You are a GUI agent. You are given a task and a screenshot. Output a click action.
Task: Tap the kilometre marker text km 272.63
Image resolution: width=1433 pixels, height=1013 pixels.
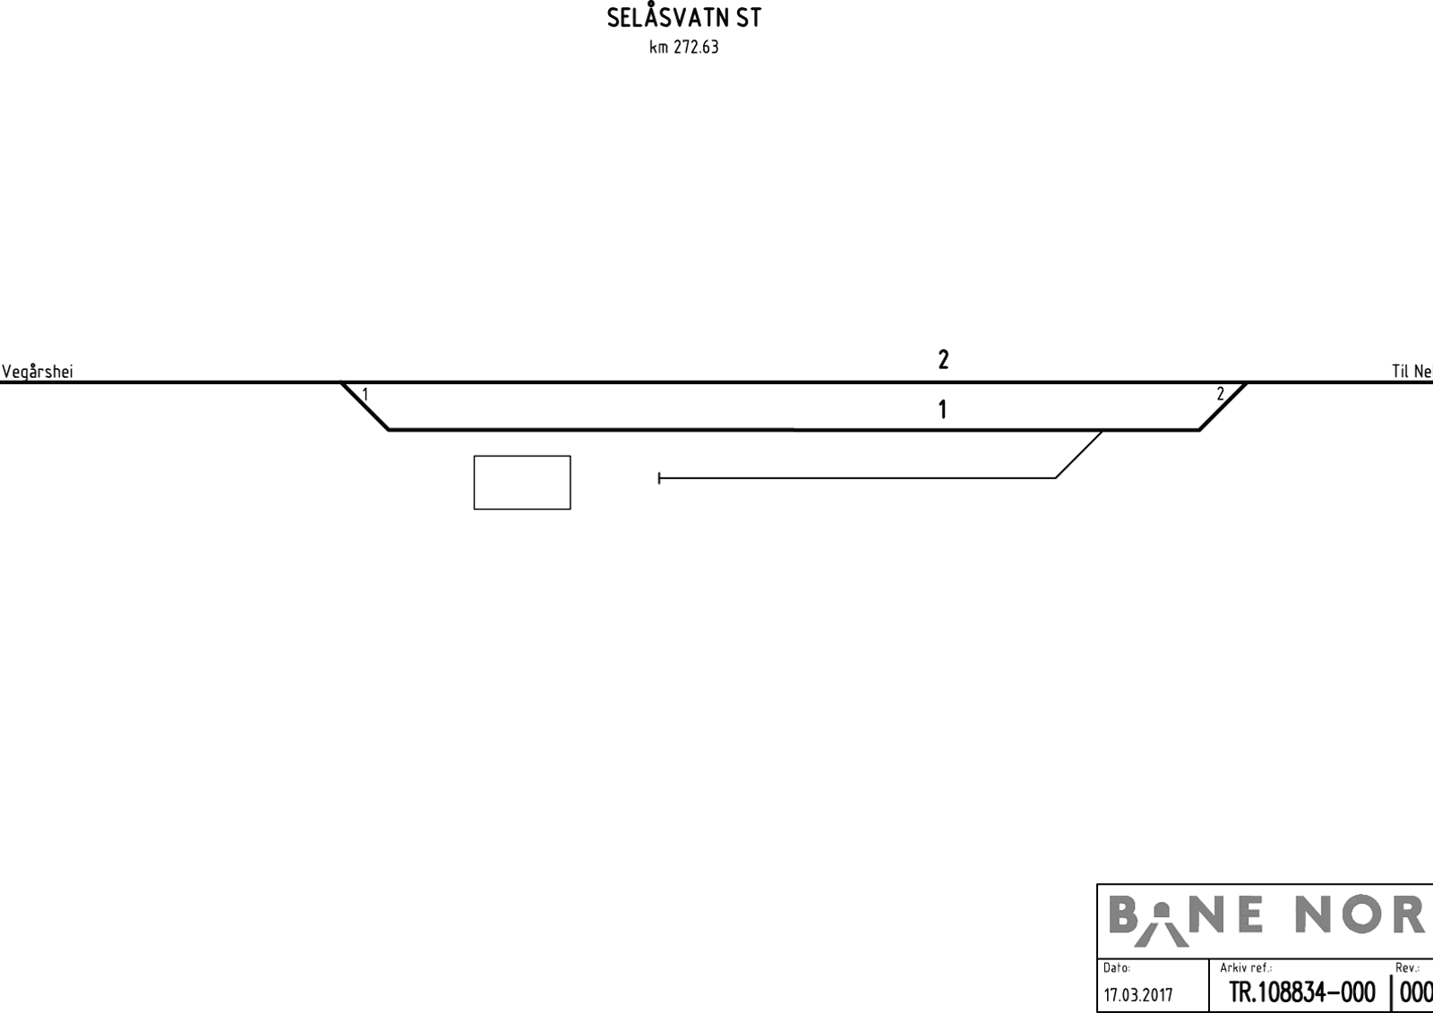click(x=684, y=47)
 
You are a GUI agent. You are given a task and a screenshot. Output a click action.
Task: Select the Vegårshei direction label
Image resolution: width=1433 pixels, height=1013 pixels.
click(x=37, y=372)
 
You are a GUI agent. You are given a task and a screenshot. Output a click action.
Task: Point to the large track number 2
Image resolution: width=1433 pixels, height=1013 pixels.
click(x=944, y=360)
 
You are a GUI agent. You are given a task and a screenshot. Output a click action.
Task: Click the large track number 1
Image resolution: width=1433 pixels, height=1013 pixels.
click(x=942, y=409)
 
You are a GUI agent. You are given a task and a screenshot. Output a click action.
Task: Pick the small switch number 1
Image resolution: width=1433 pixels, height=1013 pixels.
click(x=365, y=395)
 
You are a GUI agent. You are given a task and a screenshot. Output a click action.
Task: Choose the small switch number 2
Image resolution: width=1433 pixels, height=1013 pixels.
click(x=1220, y=394)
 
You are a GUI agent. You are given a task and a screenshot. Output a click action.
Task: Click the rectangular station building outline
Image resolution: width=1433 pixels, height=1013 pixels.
click(x=522, y=456)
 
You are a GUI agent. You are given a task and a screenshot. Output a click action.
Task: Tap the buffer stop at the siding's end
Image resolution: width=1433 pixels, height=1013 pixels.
click(x=659, y=478)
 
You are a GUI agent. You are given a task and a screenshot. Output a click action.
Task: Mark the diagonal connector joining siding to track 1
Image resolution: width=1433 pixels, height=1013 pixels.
click(x=1078, y=454)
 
